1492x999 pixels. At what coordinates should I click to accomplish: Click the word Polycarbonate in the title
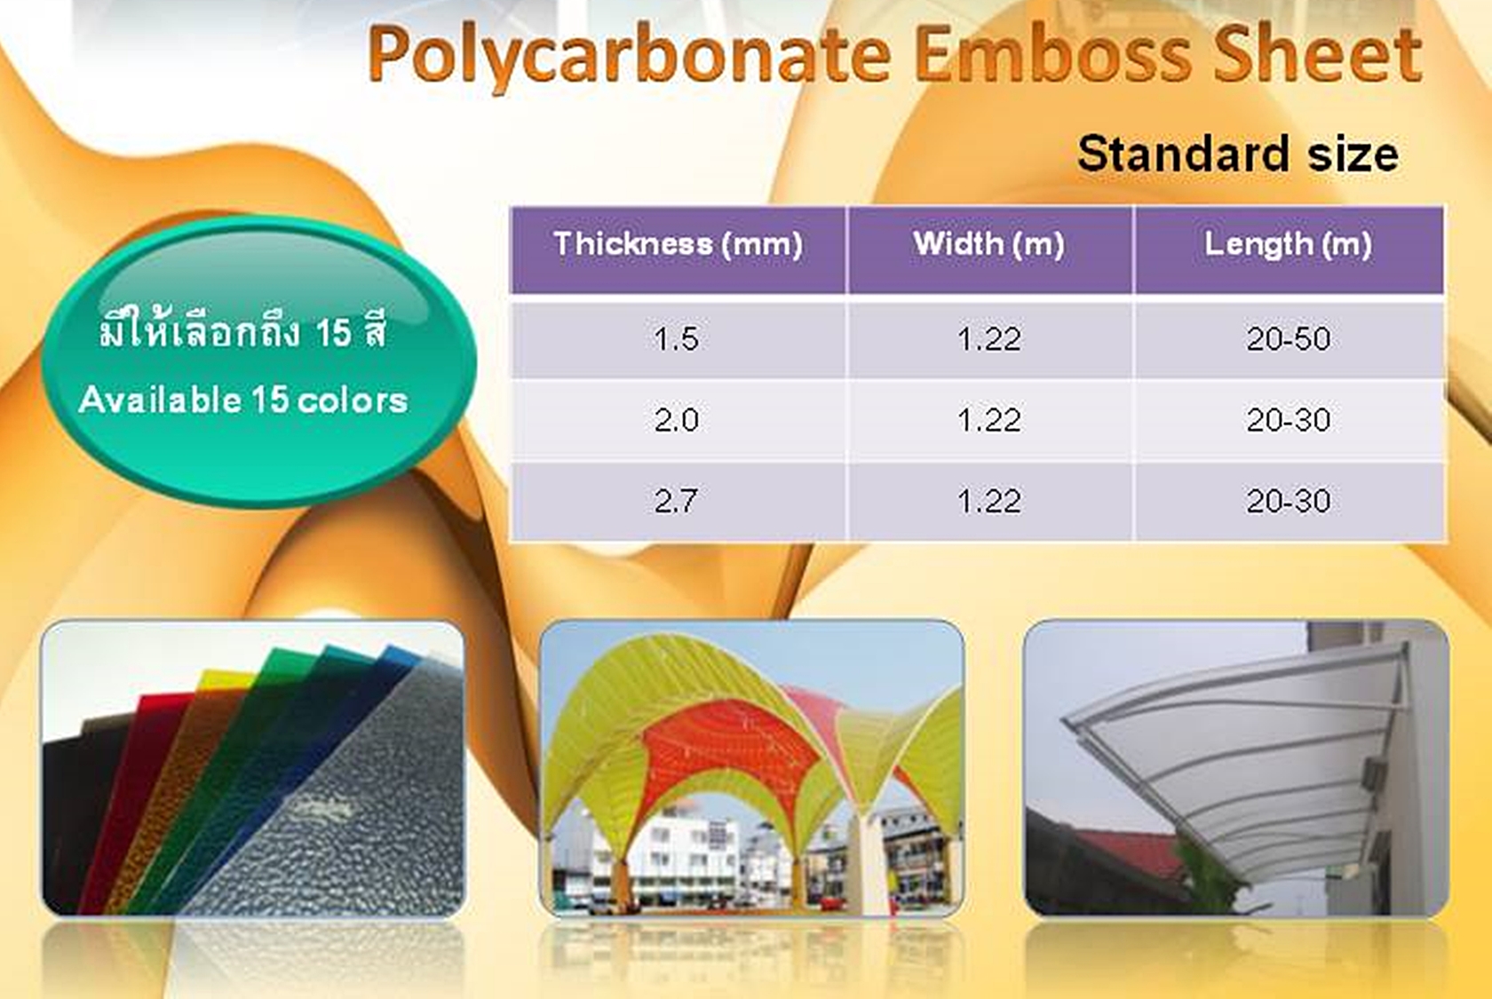pos(629,56)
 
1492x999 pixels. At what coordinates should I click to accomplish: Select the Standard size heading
pos(1238,154)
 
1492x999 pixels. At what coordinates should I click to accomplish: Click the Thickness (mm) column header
pos(679,243)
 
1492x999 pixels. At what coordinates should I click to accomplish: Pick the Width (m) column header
pos(989,243)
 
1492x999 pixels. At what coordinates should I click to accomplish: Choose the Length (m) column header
pos(1288,245)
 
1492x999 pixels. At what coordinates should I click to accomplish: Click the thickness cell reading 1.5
pos(676,339)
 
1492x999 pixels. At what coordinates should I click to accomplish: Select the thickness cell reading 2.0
pos(676,420)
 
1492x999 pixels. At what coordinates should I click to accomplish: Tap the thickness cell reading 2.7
pos(676,502)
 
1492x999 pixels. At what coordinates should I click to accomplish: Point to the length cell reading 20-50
pos(1288,339)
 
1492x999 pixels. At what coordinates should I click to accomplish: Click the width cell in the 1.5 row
pos(989,339)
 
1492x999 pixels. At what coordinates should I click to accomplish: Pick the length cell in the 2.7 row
pos(1288,502)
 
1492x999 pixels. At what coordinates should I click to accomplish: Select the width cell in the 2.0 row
pos(989,420)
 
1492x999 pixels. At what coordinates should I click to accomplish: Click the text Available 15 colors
pos(243,400)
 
